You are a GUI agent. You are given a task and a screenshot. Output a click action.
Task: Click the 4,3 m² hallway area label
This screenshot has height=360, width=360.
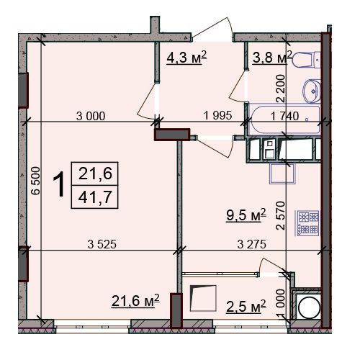(186, 58)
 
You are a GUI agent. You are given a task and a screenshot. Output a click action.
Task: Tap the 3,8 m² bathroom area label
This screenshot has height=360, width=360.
(272, 58)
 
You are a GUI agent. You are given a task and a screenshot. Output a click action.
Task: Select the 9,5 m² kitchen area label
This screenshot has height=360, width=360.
(246, 215)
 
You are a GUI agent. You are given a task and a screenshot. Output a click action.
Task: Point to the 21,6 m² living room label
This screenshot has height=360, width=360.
(135, 300)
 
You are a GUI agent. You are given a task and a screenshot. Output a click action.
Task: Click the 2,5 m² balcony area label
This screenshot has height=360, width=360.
(246, 306)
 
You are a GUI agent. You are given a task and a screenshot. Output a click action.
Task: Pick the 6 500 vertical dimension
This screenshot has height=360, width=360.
(36, 181)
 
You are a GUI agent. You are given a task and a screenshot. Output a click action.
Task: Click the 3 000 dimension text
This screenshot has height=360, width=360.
(91, 116)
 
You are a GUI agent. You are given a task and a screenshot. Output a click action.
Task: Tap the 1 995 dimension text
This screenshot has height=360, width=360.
(217, 115)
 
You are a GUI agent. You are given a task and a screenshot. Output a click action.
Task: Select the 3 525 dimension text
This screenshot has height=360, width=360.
(102, 244)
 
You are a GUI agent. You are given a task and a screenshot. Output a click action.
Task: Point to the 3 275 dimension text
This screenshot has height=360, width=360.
(252, 244)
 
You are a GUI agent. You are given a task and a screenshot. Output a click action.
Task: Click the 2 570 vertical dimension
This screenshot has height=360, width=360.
(281, 215)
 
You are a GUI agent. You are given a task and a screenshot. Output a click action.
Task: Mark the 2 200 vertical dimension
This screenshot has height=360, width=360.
(281, 89)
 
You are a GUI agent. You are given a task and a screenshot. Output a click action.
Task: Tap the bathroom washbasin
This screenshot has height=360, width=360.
(312, 91)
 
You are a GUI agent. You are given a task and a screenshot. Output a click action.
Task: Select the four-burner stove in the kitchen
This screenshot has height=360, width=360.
(308, 223)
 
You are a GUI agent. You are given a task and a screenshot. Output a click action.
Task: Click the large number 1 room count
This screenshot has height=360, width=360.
(59, 184)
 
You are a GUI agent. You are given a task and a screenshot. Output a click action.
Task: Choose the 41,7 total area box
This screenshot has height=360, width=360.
(94, 197)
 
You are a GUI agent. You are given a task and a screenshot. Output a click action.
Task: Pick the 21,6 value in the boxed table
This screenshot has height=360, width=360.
(95, 174)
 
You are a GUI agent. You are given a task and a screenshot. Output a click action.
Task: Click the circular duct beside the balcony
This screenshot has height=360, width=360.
(309, 307)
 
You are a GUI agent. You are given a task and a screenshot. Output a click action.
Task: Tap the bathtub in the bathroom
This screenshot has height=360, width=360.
(285, 120)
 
